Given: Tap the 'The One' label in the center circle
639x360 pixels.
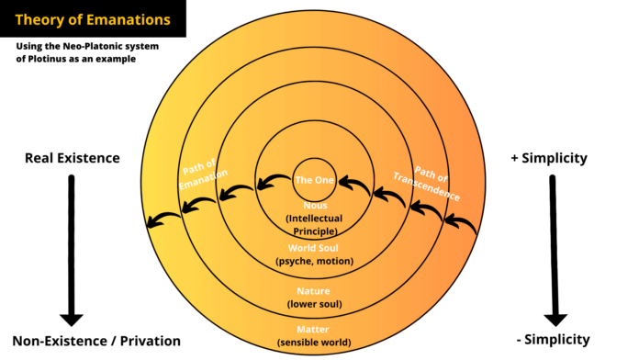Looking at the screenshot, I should (x=313, y=179).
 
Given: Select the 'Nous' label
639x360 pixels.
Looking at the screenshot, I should (x=315, y=207).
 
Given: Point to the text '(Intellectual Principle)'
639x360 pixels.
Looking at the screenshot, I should (x=315, y=225).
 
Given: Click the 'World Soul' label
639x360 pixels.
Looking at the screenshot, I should (x=315, y=248).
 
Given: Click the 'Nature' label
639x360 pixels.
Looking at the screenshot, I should (x=314, y=290).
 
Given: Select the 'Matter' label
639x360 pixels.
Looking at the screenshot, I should (x=313, y=329).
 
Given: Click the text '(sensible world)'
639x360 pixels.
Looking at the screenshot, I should (x=313, y=343).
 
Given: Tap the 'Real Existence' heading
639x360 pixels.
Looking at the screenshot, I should (x=72, y=158).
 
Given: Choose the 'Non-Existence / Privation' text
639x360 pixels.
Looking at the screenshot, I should (x=96, y=341).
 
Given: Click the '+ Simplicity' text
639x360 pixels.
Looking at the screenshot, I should (x=549, y=158).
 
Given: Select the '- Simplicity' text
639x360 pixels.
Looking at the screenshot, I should (x=553, y=340).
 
